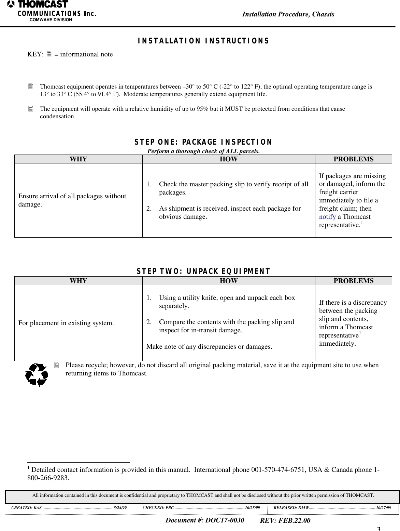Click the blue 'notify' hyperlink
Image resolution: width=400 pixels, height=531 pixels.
327,217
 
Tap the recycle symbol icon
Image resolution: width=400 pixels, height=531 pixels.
37,375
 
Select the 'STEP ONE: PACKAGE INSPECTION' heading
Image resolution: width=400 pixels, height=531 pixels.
203,142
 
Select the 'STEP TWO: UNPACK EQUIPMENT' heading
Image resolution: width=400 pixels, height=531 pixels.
203,271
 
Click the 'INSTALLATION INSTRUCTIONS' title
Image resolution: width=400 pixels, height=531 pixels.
203,41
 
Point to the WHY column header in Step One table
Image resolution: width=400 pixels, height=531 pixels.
78,159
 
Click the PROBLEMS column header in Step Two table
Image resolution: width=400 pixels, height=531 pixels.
353,281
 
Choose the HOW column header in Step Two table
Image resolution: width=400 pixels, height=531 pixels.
228,281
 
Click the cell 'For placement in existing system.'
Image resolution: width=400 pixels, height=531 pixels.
66,323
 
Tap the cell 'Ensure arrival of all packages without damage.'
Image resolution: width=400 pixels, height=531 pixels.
72,200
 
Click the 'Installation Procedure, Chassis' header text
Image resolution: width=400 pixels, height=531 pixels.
288,14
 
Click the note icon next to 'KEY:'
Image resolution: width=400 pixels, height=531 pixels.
49,54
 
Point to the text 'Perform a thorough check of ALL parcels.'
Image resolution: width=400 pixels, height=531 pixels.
203,151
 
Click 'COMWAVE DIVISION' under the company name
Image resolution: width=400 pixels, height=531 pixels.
51,20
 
